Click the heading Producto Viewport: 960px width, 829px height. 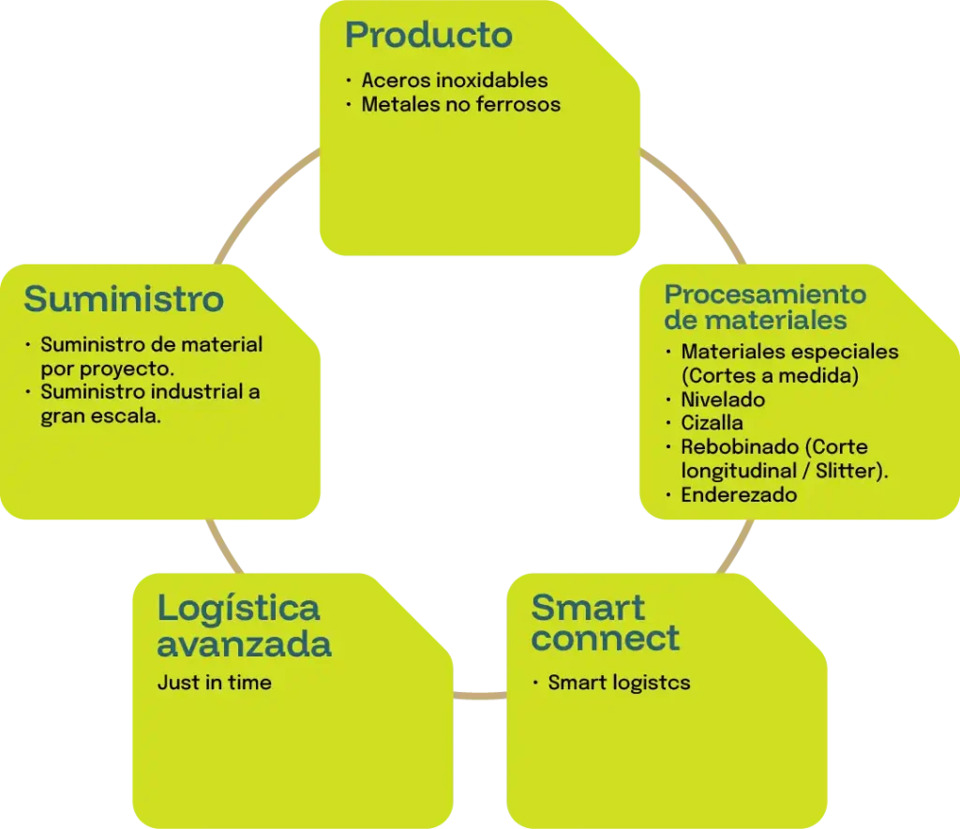click(x=428, y=36)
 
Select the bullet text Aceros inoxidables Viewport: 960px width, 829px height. click(x=454, y=81)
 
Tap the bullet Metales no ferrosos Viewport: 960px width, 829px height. click(x=460, y=104)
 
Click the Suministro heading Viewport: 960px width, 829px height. click(x=124, y=299)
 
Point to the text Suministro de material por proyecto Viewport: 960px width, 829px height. click(x=151, y=356)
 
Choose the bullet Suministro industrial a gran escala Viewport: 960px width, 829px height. click(x=150, y=404)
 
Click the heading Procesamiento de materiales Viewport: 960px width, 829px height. click(x=765, y=307)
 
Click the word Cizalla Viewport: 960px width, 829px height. click(x=712, y=423)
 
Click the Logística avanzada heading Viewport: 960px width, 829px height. click(x=243, y=626)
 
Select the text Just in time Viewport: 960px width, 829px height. click(x=214, y=683)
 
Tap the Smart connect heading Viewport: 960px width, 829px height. click(x=605, y=623)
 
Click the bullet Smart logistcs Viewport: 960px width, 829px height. click(x=619, y=683)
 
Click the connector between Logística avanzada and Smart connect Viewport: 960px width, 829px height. click(x=479, y=696)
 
